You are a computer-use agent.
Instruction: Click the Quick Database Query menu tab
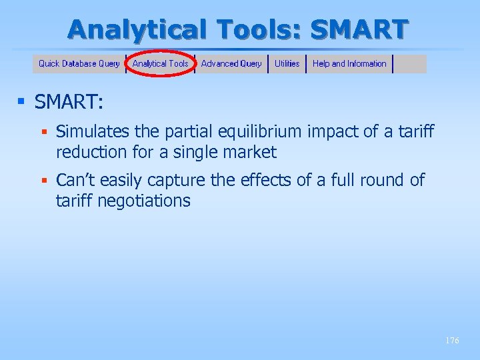[79, 64]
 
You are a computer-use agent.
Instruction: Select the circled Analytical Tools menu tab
[160, 64]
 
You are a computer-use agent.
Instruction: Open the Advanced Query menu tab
[231, 64]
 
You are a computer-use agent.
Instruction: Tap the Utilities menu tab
[287, 64]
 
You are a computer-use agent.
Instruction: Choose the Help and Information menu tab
[349, 64]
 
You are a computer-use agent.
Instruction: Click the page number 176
[452, 341]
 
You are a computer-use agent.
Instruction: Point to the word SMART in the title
[359, 29]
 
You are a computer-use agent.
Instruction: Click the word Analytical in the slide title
[128, 29]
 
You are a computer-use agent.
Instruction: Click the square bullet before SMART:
[21, 102]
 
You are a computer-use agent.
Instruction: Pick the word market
[251, 153]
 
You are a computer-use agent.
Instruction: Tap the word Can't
[76, 181]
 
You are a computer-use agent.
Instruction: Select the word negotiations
[144, 201]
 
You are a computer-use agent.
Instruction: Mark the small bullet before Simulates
[45, 132]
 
